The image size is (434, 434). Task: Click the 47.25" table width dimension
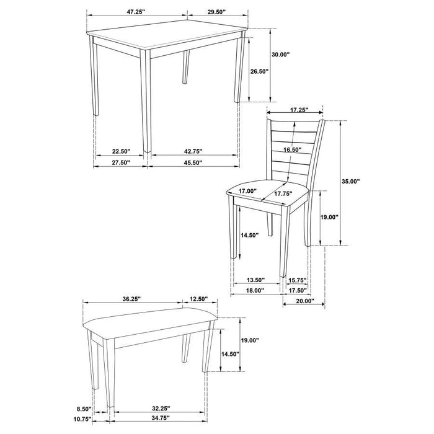136,11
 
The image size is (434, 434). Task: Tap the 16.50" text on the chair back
293,150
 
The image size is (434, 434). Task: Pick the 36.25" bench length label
133,299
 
